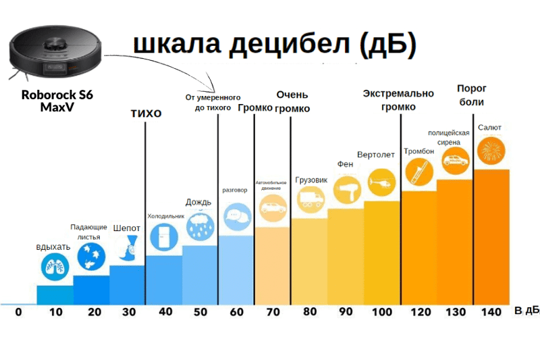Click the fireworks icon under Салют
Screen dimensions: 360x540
pyautogui.click(x=491, y=150)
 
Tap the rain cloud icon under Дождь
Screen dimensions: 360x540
pyautogui.click(x=200, y=225)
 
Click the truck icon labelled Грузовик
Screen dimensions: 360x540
pyautogui.click(x=310, y=199)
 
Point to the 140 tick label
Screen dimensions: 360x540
pyautogui.click(x=491, y=312)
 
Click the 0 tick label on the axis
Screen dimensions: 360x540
pyautogui.click(x=18, y=312)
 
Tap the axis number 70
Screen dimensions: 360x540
pyautogui.click(x=273, y=312)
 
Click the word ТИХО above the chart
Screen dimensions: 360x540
pyautogui.click(x=146, y=113)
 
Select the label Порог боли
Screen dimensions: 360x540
pyautogui.click(x=472, y=95)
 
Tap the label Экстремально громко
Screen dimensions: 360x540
pyautogui.click(x=398, y=100)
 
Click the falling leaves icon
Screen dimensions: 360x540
pyautogui.click(x=90, y=257)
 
